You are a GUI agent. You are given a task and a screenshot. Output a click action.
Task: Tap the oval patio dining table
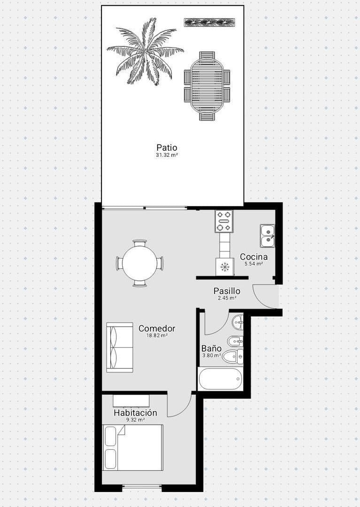pyautogui.click(x=207, y=85)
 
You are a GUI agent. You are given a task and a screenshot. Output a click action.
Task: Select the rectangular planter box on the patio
pyautogui.click(x=209, y=22)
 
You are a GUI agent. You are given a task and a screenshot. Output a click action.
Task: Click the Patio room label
pyautogui.click(x=167, y=147)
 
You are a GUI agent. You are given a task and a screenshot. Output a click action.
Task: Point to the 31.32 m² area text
pyautogui.click(x=167, y=155)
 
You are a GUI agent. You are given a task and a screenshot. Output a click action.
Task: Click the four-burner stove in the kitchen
pyautogui.click(x=224, y=221)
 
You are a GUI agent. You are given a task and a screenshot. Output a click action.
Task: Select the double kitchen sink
pyautogui.click(x=268, y=236)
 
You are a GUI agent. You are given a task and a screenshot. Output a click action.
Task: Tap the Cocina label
pyautogui.click(x=253, y=257)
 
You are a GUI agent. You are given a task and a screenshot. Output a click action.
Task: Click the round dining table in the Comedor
pyautogui.click(x=140, y=263)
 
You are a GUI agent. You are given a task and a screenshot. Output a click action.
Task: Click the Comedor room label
pyautogui.click(x=157, y=329)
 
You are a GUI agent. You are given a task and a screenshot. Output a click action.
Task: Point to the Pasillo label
pyautogui.click(x=227, y=291)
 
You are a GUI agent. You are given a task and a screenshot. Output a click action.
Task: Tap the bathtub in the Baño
pyautogui.click(x=220, y=379)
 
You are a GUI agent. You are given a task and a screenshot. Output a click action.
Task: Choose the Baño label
pyautogui.click(x=211, y=348)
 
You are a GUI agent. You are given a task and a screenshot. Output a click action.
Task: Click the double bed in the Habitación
pyautogui.click(x=133, y=447)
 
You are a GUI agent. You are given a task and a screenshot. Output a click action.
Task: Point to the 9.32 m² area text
pyautogui.click(x=135, y=420)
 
